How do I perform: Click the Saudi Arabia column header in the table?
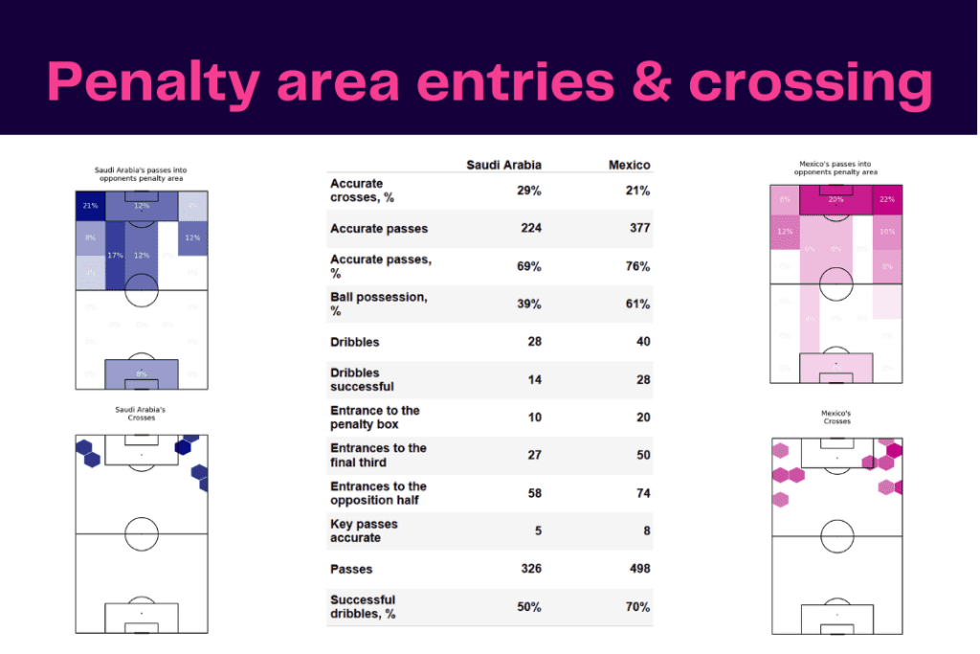(503, 165)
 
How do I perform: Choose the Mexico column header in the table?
(629, 165)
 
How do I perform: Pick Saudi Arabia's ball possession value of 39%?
(527, 304)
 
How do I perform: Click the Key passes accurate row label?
(364, 530)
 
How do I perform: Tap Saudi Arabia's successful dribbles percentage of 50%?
(527, 607)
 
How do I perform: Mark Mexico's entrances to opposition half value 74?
(642, 493)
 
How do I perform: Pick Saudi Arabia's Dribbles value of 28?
(533, 342)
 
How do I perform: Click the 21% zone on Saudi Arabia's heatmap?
(90, 206)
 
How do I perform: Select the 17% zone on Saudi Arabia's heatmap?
(115, 256)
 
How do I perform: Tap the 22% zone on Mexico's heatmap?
(887, 199)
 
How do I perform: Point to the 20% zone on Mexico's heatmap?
(836, 199)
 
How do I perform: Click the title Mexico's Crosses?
(836, 417)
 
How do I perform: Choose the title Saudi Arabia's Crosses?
(141, 414)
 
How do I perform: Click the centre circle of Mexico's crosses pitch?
(836, 535)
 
